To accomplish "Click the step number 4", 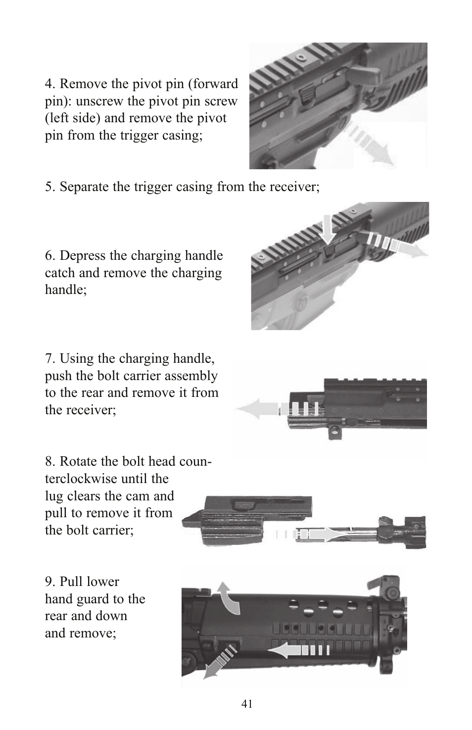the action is [x=49, y=84].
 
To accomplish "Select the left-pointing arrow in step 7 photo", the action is [x=277, y=409].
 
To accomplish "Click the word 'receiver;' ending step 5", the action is [x=294, y=187].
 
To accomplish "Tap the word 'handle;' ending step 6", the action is [x=66, y=290].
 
